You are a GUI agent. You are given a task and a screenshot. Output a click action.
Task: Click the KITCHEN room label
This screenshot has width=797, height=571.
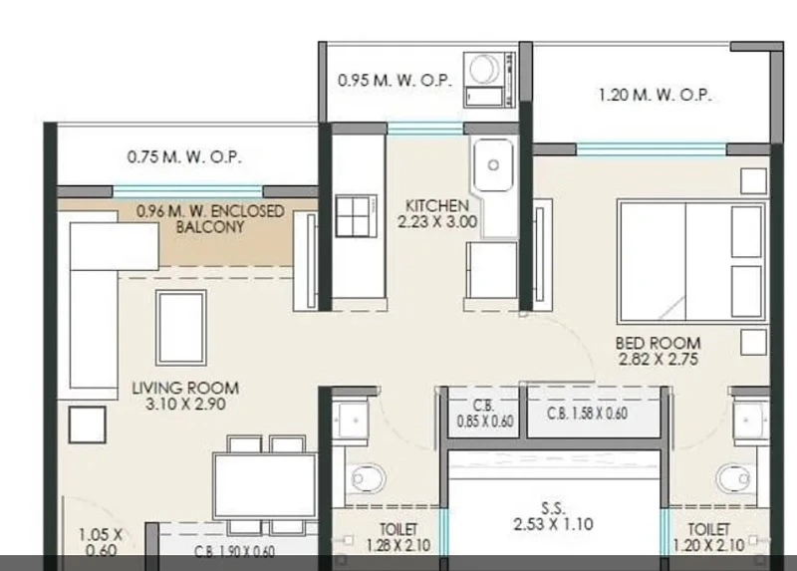437,206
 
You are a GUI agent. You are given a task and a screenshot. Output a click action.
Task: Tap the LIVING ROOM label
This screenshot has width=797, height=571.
185,388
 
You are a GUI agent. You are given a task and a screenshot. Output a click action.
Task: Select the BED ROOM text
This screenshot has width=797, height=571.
659,343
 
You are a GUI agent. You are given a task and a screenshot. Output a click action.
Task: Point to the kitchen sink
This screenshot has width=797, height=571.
493,164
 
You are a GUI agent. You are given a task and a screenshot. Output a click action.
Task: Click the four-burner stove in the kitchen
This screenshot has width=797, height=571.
356,216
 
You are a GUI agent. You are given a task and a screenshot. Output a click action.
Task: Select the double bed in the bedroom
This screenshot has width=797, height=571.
691,262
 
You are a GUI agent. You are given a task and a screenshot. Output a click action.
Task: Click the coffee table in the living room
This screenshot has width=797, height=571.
181,328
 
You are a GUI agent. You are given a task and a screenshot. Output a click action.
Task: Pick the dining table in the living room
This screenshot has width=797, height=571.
264,485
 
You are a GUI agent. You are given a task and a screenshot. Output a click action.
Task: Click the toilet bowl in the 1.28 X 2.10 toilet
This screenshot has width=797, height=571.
367,478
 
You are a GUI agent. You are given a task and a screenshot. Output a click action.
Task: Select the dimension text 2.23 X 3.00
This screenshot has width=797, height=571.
437,221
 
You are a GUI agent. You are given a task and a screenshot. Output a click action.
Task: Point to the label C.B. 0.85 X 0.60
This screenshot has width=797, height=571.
484,414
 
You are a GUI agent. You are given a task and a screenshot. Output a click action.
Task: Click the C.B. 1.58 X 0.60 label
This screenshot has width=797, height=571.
587,414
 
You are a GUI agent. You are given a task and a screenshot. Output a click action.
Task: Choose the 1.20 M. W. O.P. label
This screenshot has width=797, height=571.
655,95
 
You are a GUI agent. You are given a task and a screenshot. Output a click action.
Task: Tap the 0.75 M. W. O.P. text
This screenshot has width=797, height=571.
184,156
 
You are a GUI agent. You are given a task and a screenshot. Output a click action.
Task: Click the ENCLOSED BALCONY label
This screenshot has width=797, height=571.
210,219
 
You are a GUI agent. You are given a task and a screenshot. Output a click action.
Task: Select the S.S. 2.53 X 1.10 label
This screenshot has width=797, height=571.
553,516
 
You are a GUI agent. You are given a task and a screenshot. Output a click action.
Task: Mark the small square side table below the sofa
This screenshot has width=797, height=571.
88,425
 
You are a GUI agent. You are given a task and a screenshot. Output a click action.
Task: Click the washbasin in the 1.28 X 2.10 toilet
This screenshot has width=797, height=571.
351,421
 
